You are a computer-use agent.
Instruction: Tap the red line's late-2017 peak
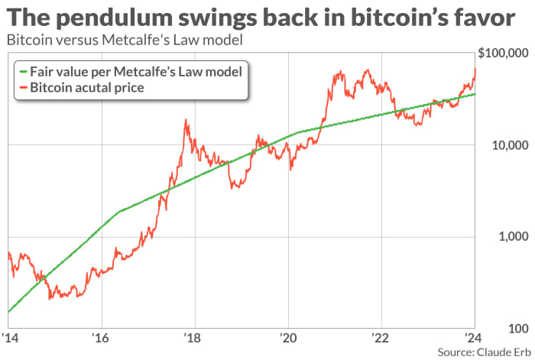(186, 120)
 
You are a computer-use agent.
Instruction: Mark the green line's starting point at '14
(8, 312)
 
